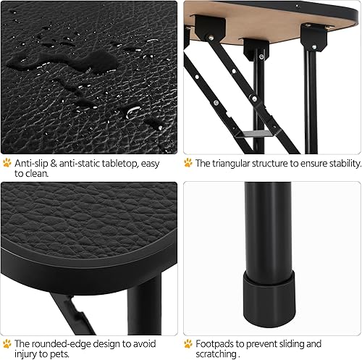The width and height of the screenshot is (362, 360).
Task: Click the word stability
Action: pos(340,163)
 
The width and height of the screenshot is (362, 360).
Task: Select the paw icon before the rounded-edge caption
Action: pos(7,343)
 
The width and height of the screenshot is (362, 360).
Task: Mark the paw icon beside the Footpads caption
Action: pos(188,343)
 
